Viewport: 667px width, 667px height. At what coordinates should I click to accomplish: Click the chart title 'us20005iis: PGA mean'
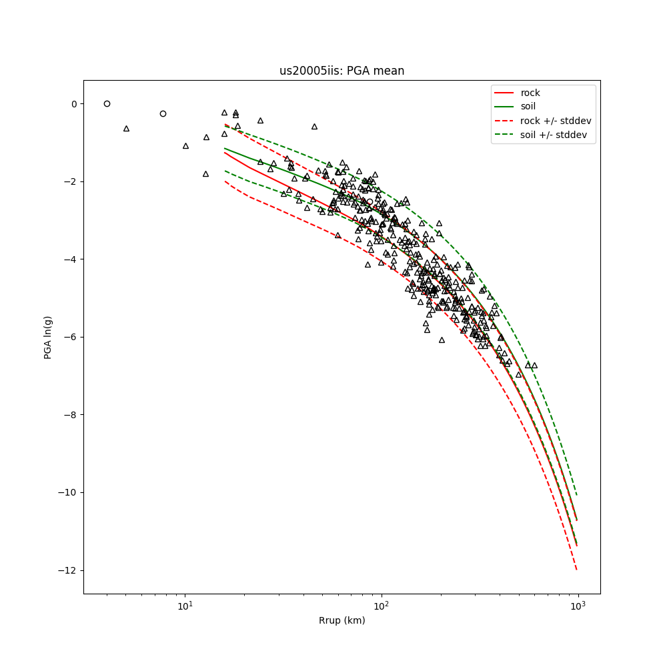[342, 71]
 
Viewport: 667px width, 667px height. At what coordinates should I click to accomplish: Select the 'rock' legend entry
[530, 93]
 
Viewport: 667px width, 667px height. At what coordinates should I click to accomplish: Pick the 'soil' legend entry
[528, 107]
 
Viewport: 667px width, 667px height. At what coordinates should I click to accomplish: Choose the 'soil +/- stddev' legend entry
[553, 135]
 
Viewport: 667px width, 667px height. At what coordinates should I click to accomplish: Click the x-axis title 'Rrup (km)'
[342, 620]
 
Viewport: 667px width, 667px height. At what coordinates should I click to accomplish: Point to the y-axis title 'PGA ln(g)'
[48, 338]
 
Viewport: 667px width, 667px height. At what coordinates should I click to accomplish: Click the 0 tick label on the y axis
[74, 104]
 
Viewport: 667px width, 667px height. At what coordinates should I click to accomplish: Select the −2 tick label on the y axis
[71, 181]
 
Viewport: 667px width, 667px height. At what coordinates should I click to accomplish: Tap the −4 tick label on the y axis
[71, 259]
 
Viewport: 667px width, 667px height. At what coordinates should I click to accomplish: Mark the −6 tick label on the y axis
[71, 338]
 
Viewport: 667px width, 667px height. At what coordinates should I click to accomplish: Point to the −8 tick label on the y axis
[71, 415]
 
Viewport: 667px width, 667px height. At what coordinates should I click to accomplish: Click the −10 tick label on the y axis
[68, 493]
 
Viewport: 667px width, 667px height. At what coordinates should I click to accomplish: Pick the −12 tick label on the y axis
[68, 570]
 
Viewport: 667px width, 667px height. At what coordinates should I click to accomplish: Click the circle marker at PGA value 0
[107, 103]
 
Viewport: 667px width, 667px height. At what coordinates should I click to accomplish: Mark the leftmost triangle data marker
[126, 128]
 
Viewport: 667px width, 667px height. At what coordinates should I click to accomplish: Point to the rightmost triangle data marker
[534, 365]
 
